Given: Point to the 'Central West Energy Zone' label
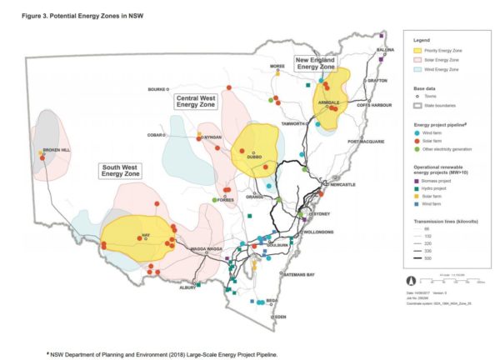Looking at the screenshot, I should [197, 101].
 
